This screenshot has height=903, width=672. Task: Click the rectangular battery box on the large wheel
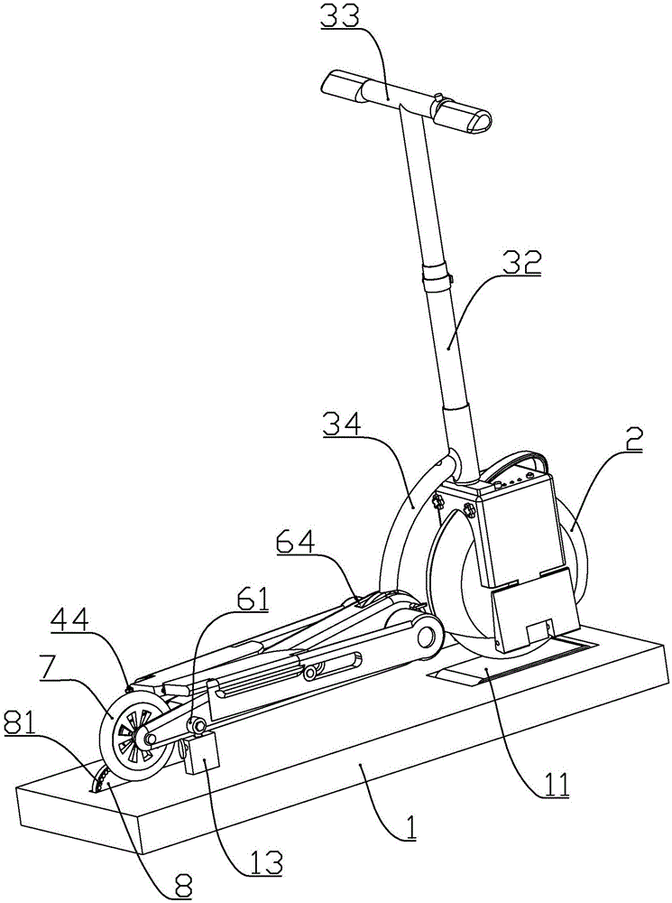coord(524,532)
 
